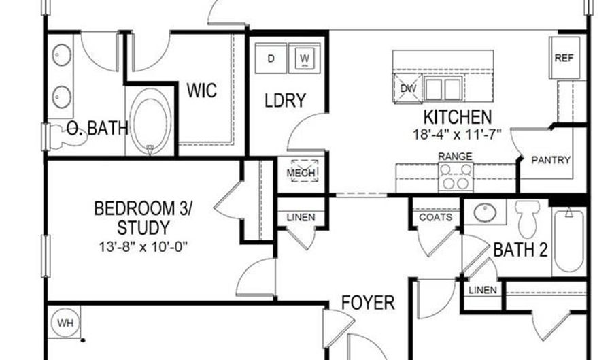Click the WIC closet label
202,89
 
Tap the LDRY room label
285,100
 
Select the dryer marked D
271,59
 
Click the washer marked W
305,59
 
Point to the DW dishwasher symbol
407,88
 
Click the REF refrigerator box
564,58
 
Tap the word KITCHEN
457,116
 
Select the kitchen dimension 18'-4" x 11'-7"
457,133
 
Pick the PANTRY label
551,161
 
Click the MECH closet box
301,173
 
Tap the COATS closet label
435,218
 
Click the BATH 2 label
520,250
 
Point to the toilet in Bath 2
526,217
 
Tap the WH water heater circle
65,322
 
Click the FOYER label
367,301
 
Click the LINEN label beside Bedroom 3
300,218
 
